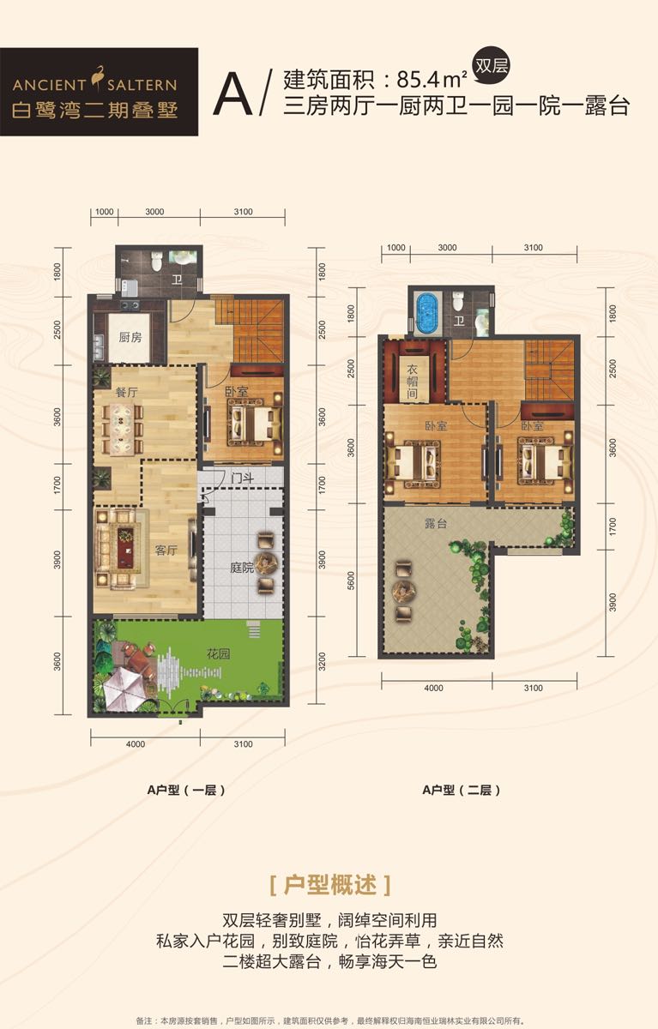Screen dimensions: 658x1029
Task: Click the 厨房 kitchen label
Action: (x=130, y=337)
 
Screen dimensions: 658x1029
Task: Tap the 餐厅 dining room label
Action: (x=126, y=392)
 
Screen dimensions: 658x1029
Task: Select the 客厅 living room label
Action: (x=166, y=550)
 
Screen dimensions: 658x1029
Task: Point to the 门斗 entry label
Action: (x=242, y=478)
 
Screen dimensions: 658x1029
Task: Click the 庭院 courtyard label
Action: (x=242, y=568)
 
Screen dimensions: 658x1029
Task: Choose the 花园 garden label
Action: (x=218, y=653)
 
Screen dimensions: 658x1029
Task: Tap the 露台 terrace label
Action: (x=436, y=523)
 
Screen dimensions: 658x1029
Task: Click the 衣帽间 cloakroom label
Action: (x=412, y=382)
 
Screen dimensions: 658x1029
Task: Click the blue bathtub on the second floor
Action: (x=427, y=314)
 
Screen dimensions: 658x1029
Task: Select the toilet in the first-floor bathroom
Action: (x=157, y=262)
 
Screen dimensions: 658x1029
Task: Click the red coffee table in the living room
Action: (x=124, y=548)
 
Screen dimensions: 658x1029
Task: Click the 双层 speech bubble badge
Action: (x=492, y=68)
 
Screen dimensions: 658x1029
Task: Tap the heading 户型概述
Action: (x=330, y=885)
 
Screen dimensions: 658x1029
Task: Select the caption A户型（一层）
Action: (x=186, y=790)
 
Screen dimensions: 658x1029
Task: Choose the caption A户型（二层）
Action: (x=462, y=790)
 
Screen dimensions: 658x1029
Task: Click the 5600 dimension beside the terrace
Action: (x=352, y=581)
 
